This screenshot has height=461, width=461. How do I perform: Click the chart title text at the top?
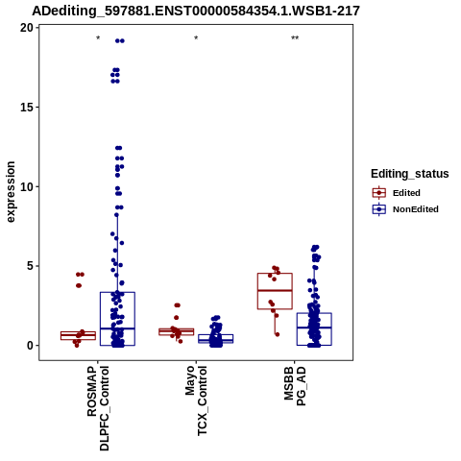click(x=196, y=11)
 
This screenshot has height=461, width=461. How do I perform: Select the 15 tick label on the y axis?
click(x=27, y=108)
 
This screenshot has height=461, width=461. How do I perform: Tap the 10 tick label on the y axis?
click(x=27, y=186)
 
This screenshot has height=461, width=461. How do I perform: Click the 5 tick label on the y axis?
click(x=31, y=266)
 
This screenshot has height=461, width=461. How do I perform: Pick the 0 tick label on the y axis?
click(x=31, y=346)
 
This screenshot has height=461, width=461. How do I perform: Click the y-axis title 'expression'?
click(x=11, y=192)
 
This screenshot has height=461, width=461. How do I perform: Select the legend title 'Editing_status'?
click(x=410, y=174)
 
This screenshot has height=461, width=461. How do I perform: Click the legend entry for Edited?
click(x=397, y=193)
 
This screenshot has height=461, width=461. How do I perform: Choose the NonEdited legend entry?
click(x=405, y=209)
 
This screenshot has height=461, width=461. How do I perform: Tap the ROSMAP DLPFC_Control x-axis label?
click(x=98, y=408)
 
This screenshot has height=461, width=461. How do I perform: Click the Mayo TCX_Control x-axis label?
click(x=196, y=400)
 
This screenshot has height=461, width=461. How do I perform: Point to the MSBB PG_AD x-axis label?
click(x=295, y=386)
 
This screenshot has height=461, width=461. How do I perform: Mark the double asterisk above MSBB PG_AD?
click(x=295, y=38)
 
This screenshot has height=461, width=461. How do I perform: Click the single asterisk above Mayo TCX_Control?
click(x=196, y=38)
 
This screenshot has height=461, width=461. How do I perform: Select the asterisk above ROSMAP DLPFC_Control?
click(x=98, y=38)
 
